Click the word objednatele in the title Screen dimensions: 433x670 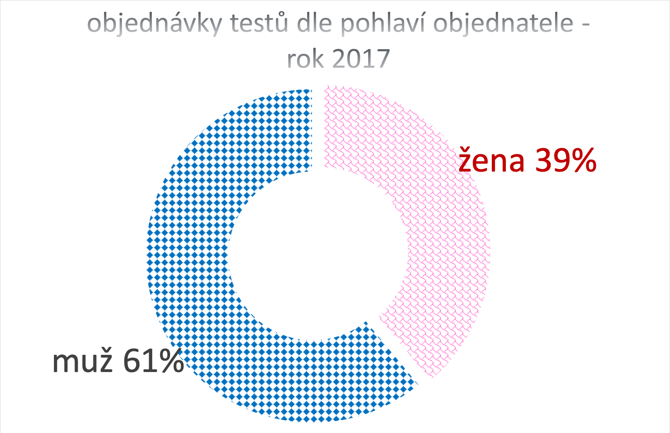[x=503, y=24]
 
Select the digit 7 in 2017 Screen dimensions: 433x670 [x=383, y=59]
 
